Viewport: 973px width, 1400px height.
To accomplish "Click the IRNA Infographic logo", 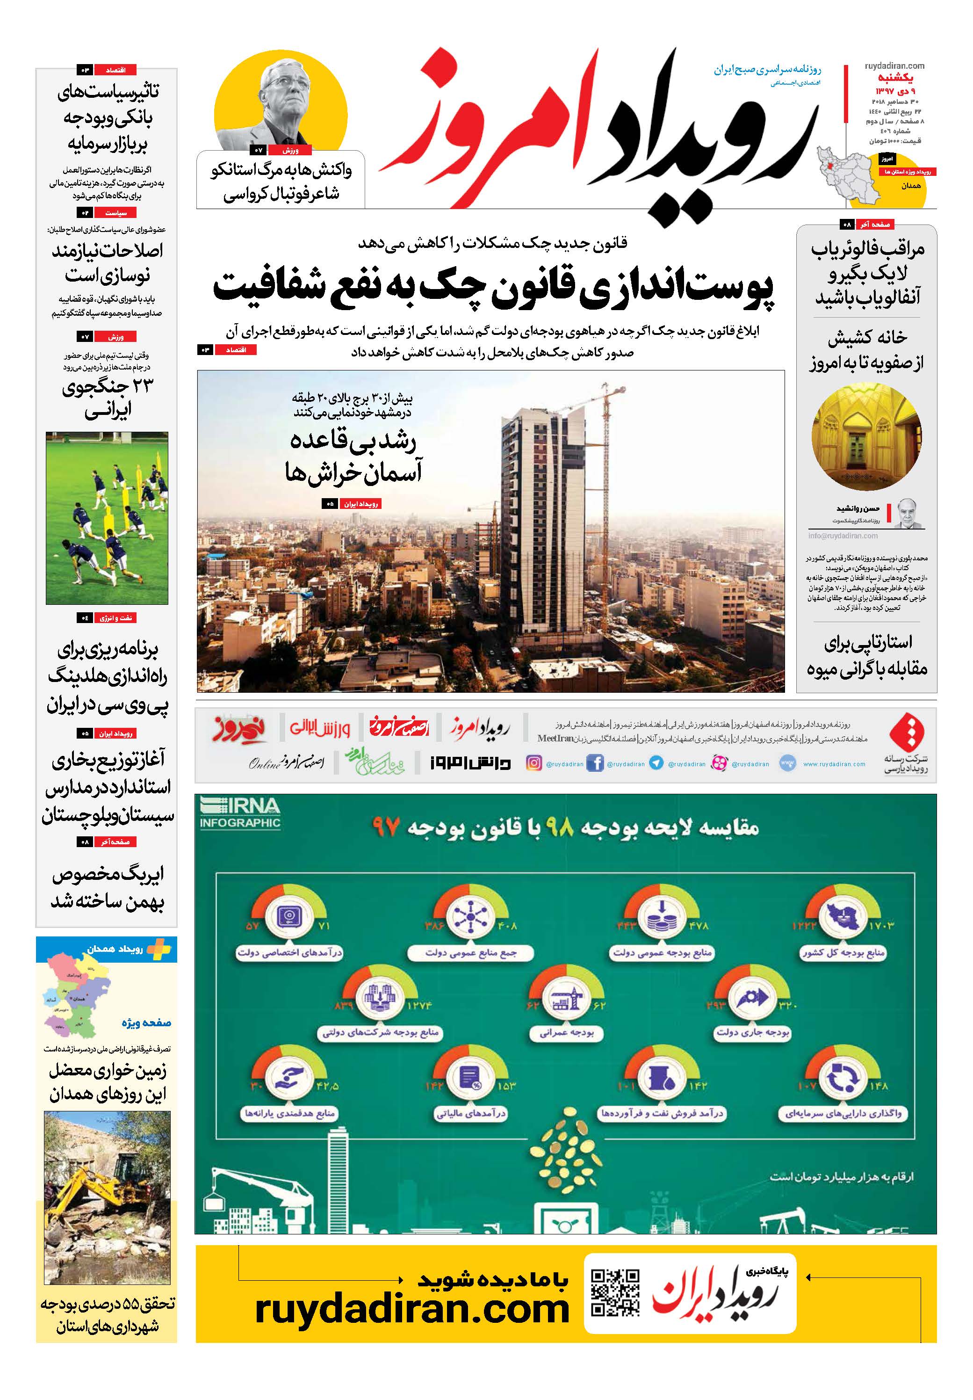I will click(239, 813).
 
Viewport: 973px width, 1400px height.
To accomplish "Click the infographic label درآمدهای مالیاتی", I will click(471, 1113).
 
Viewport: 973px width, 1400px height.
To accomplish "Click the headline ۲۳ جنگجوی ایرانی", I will click(107, 398).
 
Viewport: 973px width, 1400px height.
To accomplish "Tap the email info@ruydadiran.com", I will click(843, 536).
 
